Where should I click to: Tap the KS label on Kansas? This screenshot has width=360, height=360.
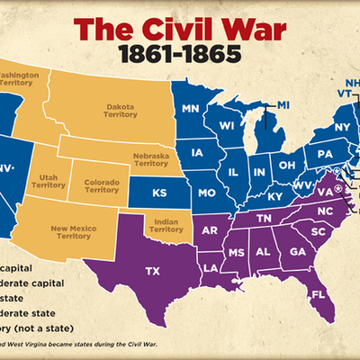click(159, 192)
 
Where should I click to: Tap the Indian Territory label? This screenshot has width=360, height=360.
click(166, 225)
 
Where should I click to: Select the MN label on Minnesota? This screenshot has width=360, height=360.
click(189, 109)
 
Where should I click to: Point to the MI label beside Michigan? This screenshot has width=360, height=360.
click(283, 105)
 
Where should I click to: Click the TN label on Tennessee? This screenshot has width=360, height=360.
click(265, 217)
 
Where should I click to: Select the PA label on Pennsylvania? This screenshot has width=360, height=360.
click(323, 155)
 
